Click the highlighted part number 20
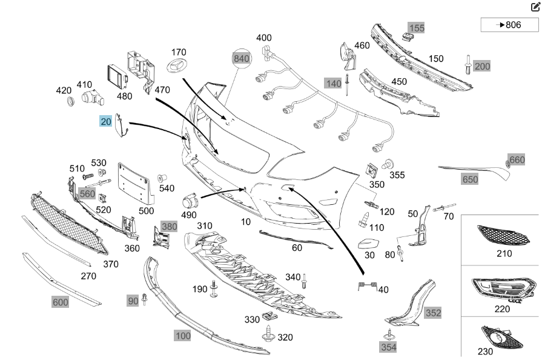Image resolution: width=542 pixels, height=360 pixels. click(x=106, y=121)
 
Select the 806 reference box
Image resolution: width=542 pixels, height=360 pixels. click(x=509, y=25)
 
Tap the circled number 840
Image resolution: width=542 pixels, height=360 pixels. click(x=242, y=58)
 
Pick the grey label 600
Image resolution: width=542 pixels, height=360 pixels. click(x=61, y=302)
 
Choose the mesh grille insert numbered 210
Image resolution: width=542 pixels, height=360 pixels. click(x=503, y=235)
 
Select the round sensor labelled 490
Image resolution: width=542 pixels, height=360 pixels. click(x=190, y=202)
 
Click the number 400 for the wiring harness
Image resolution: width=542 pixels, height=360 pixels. click(x=264, y=38)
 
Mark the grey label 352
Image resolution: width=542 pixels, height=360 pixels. click(x=433, y=313)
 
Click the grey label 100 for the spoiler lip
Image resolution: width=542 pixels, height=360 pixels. click(x=182, y=335)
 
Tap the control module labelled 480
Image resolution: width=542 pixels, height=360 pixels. click(x=116, y=75)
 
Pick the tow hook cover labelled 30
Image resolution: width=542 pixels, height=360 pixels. click(x=367, y=244)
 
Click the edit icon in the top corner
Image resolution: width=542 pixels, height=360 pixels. click(x=534, y=7)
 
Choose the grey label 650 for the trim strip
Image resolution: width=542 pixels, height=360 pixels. click(x=470, y=179)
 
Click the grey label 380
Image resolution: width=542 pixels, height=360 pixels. click(x=169, y=227)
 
